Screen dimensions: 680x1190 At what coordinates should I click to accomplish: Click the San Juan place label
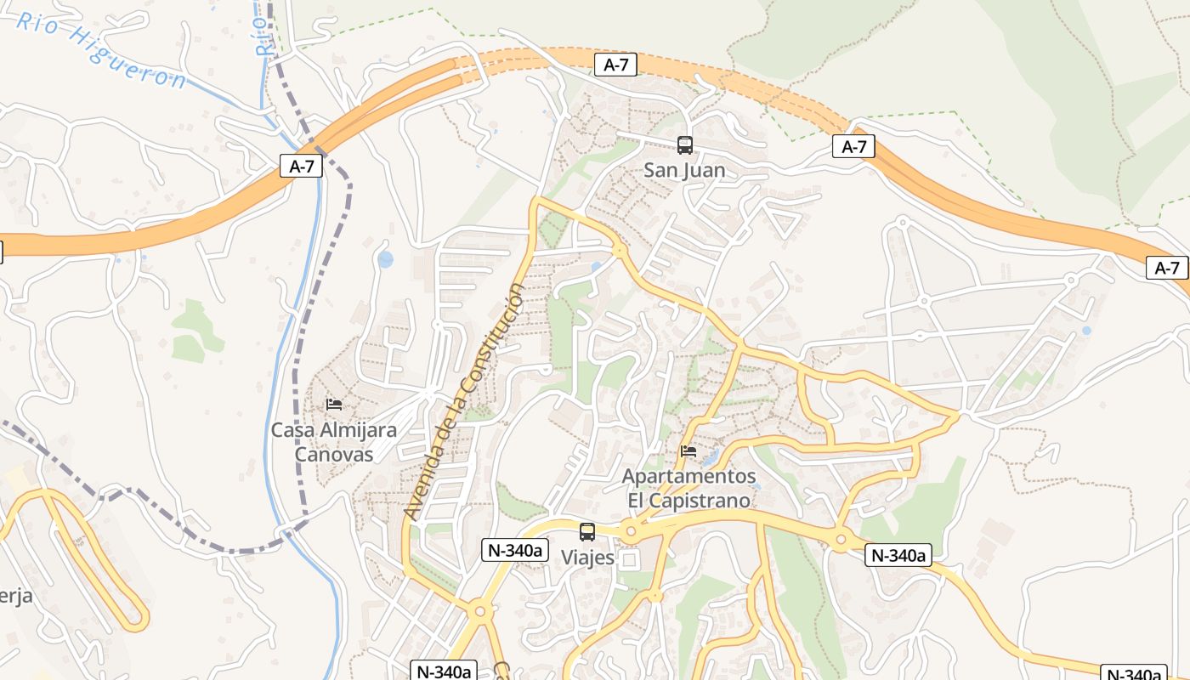684,170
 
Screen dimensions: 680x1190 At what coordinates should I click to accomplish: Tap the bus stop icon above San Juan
685,145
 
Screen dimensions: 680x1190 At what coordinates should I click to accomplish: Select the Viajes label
587,558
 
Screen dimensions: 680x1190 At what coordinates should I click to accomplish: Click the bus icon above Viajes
587,532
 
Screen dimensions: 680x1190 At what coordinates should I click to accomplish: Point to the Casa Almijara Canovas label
334,442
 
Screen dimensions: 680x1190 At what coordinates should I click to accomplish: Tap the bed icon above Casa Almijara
334,404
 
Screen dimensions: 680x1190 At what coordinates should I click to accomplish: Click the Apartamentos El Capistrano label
688,488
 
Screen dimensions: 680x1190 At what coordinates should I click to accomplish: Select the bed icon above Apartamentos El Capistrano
688,450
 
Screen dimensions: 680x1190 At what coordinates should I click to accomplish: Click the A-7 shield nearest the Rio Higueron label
302,166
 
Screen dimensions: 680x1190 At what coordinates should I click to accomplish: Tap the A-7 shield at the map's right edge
1167,268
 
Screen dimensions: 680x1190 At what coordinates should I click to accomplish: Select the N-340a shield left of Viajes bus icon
513,550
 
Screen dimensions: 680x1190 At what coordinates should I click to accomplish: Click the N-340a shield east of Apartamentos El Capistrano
898,556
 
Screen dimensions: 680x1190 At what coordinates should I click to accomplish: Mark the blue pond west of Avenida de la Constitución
385,259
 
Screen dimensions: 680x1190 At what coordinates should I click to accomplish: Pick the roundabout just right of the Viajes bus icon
631,532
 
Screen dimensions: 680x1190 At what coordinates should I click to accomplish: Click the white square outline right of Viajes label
629,559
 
